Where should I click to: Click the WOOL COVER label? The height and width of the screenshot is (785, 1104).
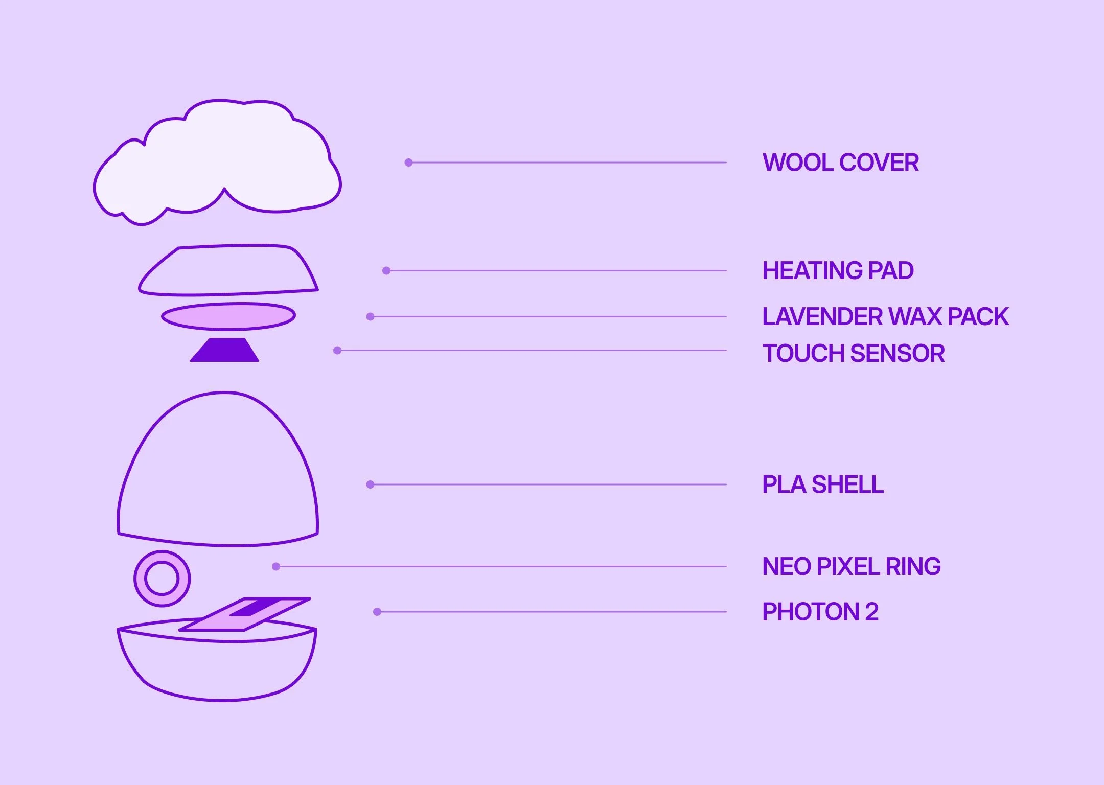[x=840, y=163]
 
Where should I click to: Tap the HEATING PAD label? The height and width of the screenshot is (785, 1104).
[x=838, y=270]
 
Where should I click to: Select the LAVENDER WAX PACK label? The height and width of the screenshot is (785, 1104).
[x=885, y=316]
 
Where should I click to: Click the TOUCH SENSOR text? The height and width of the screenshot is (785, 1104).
[x=853, y=353]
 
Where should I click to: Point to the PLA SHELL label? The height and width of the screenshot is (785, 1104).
[x=822, y=484]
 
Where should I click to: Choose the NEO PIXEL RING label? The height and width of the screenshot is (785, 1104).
[x=851, y=566]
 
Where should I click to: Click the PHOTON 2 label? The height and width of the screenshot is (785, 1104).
[x=820, y=612]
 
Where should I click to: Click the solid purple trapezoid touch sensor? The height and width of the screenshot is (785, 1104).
[x=224, y=351]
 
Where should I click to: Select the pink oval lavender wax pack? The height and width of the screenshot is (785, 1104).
[x=228, y=316]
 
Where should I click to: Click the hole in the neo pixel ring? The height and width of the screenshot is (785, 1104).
[x=162, y=579]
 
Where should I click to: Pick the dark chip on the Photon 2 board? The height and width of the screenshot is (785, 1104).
[x=253, y=608]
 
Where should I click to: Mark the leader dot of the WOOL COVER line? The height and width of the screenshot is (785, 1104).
[x=408, y=163]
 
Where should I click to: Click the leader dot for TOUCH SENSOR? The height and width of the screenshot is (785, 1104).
[x=337, y=350]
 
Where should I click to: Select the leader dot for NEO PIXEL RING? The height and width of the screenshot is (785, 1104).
[x=276, y=566]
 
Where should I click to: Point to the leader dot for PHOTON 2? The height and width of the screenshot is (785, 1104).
[x=377, y=612]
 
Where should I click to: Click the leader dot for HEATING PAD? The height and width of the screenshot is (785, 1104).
[x=386, y=270]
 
